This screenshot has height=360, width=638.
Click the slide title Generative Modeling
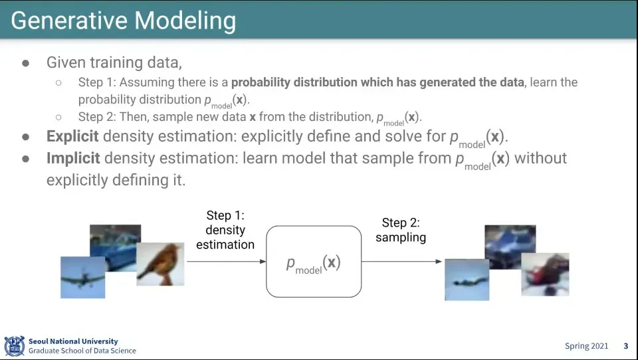pos(124,21)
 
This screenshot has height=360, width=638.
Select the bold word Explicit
pos(72,137)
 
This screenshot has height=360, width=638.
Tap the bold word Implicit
pos(73,159)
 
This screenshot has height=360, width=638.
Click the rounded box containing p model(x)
pos(314,262)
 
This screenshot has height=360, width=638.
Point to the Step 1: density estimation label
pos(225,230)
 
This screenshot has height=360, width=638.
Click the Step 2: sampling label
pos(401,230)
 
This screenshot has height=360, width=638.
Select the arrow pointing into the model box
pos(226,261)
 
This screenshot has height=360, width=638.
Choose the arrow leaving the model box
pos(401,261)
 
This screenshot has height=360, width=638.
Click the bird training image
pos(160,264)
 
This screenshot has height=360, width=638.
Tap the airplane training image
pos(82,277)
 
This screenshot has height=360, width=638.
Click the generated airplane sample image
pos(467,280)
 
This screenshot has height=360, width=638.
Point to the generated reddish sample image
pos(545,274)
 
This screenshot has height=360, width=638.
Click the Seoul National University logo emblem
pos(14,345)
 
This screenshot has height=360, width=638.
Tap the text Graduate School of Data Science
pos(82,351)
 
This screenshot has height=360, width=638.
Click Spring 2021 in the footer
pos(586,346)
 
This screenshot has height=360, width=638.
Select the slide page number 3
pos(625,346)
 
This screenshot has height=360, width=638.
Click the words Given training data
pos(114,62)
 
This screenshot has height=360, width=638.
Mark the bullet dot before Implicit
pos(26,159)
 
